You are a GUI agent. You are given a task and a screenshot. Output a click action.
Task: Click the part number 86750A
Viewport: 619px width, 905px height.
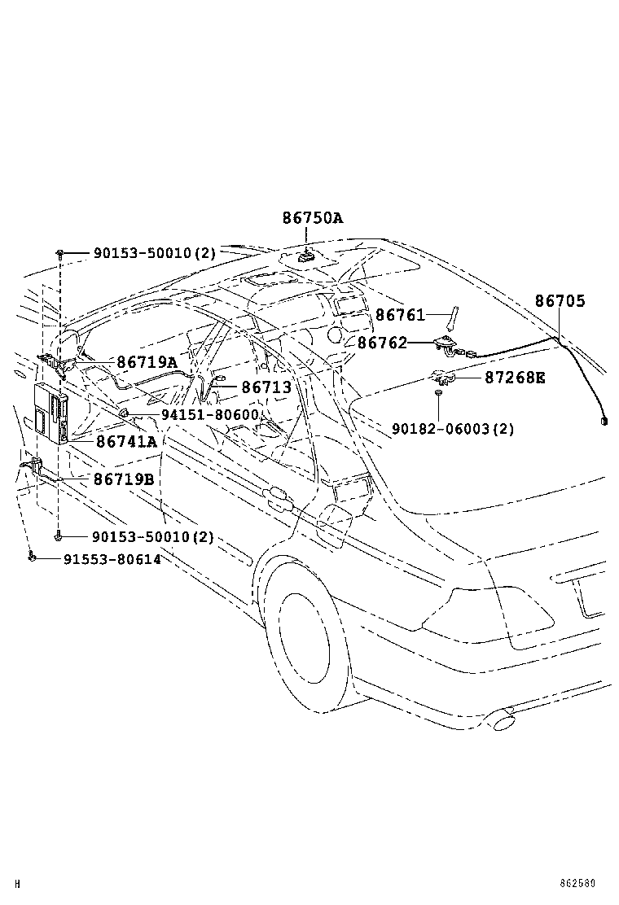click(x=313, y=217)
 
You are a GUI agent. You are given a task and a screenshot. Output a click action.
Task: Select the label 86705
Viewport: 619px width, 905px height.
click(x=560, y=300)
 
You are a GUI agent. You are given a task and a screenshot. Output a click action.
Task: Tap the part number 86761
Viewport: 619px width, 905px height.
click(x=400, y=315)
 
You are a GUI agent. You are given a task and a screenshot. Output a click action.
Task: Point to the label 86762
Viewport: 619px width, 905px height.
click(x=382, y=343)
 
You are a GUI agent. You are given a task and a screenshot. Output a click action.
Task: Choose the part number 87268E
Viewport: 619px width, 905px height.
click(x=515, y=378)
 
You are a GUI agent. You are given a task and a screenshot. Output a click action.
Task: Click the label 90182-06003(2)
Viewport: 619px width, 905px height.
click(x=453, y=429)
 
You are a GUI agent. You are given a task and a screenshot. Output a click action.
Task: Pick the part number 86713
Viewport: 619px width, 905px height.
click(x=266, y=387)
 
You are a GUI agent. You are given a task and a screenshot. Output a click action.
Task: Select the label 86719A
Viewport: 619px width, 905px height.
click(x=147, y=362)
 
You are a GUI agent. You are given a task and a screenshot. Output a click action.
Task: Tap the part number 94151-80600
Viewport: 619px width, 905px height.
click(x=209, y=414)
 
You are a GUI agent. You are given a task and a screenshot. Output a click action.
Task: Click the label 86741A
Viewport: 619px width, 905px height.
click(x=126, y=442)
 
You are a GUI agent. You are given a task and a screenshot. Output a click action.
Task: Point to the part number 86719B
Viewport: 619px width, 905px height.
click(x=124, y=479)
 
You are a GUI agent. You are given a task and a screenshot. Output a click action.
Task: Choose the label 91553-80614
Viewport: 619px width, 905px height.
click(x=112, y=559)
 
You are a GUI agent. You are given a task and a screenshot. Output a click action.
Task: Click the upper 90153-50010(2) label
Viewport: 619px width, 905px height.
click(x=154, y=253)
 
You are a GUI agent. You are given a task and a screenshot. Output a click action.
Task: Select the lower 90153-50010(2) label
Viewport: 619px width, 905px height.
click(x=153, y=537)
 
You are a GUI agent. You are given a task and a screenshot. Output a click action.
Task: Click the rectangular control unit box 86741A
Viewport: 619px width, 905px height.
click(x=51, y=413)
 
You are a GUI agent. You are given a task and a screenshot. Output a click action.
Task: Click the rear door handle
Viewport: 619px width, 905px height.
click(x=279, y=498)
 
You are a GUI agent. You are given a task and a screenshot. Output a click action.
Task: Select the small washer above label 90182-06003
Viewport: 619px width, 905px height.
click(x=437, y=393)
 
